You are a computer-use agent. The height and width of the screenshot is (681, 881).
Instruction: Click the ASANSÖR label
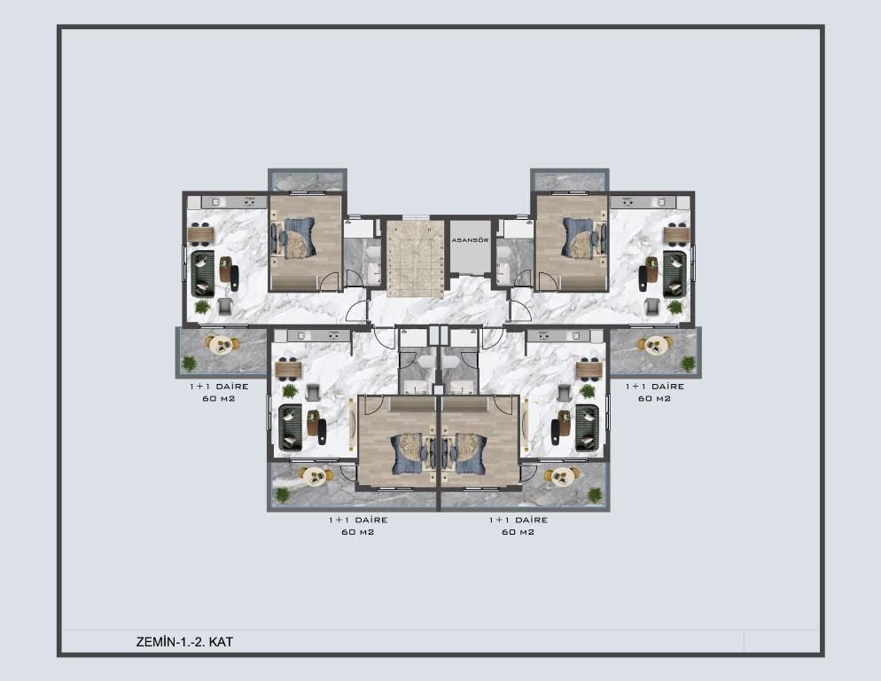[470, 240]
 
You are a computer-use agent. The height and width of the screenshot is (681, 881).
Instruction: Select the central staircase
[415, 258]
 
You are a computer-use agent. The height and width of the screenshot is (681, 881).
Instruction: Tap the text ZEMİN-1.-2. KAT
[184, 641]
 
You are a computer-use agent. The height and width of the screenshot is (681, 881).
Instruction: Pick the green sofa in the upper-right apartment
[674, 273]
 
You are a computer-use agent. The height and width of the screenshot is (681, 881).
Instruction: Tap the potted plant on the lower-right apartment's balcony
[595, 495]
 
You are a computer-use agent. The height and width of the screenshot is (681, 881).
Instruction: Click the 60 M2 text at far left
[218, 398]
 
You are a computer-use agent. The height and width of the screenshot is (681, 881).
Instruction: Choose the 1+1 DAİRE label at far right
[655, 386]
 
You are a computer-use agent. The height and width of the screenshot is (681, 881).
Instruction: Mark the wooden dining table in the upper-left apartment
[200, 235]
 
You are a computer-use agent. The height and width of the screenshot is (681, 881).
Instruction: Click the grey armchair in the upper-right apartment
[652, 306]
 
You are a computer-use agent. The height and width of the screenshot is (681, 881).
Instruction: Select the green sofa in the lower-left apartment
[290, 427]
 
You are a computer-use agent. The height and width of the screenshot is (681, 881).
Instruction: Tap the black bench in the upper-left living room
[235, 278]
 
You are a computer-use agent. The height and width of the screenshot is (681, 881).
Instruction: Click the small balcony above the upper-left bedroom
[307, 180]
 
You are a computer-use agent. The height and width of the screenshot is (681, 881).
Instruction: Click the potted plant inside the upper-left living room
[202, 307]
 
